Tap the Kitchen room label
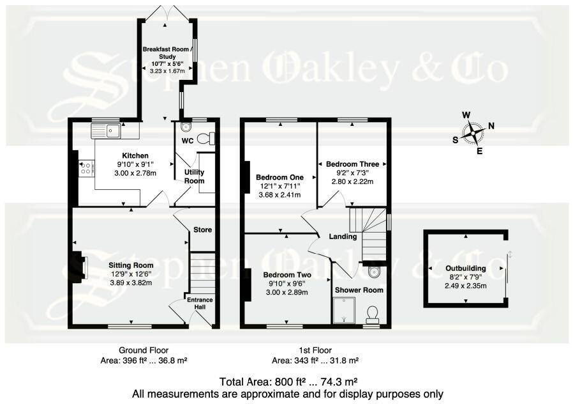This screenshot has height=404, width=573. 135,156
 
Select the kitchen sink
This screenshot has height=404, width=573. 106,131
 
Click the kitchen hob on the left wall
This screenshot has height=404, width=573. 86,168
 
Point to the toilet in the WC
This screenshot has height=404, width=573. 205,138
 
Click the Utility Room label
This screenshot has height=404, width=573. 194,177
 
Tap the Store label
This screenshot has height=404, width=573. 202,229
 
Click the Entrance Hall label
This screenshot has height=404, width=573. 200,304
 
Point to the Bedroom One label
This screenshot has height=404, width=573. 278,177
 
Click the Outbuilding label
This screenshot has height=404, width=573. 466,268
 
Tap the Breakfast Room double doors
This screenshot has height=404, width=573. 165,12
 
